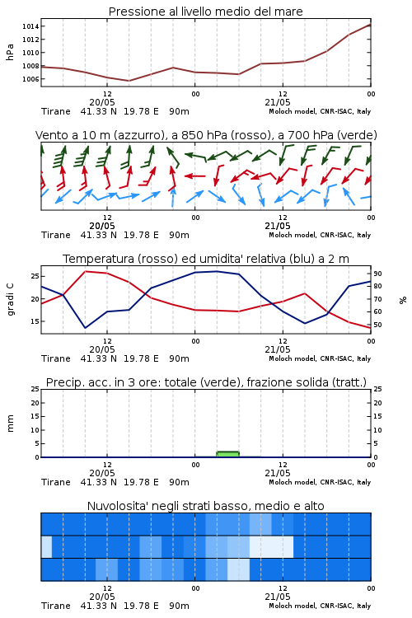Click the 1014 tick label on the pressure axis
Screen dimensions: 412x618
click(30, 26)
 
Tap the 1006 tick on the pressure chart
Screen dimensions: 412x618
click(30, 79)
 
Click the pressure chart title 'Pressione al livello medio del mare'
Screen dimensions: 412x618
click(206, 12)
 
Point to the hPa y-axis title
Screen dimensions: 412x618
click(10, 52)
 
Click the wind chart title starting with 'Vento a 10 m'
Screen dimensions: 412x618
click(206, 135)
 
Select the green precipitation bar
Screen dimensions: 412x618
click(228, 454)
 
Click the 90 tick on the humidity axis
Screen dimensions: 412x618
click(377, 274)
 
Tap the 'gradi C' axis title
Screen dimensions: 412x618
click(10, 299)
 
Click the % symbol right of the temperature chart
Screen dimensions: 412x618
click(403, 300)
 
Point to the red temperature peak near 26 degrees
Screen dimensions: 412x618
click(85, 272)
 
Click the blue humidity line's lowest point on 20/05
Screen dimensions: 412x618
click(85, 328)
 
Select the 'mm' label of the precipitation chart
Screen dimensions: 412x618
click(10, 424)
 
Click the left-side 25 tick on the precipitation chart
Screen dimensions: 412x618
click(35, 389)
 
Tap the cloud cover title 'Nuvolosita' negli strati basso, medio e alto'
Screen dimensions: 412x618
click(206, 506)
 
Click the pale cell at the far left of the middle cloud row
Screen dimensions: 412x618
click(46, 546)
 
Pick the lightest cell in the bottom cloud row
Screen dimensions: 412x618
click(238, 569)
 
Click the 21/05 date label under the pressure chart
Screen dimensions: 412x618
click(278, 102)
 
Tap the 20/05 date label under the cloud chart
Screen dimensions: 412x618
click(102, 597)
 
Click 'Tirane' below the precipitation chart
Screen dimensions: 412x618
click(56, 482)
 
